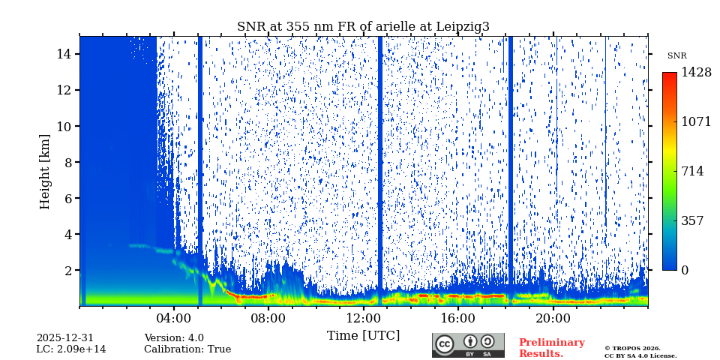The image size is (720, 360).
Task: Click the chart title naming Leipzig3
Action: [363, 27]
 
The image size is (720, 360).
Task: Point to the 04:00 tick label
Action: [174, 318]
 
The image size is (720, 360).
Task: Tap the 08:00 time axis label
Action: [268, 318]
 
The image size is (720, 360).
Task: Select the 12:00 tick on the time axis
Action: [363, 318]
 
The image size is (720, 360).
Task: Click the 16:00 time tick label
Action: [458, 318]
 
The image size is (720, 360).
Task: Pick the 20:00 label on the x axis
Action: [553, 318]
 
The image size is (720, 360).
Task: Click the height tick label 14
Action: [63, 54]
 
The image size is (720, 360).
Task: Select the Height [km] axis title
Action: [45, 171]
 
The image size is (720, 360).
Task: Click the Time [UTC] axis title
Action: [363, 336]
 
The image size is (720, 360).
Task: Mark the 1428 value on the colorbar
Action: [696, 73]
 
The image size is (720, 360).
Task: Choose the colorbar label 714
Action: [692, 171]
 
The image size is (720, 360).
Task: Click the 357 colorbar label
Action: [692, 221]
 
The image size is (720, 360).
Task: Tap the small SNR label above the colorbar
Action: [676, 56]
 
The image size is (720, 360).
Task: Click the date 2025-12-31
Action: [65, 338]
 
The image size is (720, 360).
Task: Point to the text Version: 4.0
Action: [174, 338]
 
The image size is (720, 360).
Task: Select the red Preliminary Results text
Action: [551, 348]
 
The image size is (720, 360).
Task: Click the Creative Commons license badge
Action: [468, 345]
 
